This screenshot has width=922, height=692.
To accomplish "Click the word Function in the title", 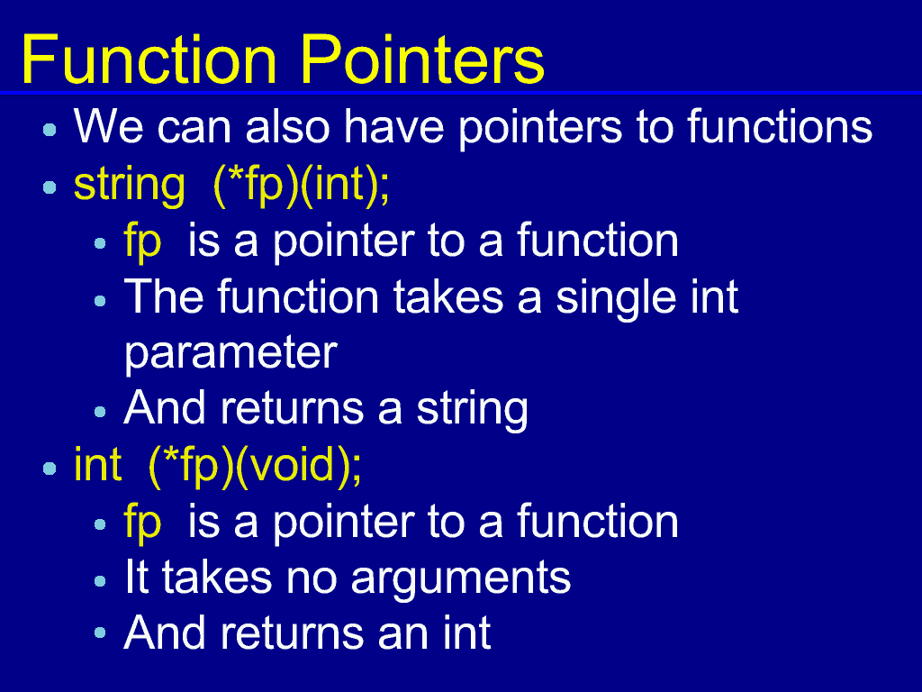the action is click(149, 59).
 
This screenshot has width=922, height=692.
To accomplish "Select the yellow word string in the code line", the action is click(130, 187).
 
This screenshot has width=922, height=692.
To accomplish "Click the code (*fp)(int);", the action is click(301, 187).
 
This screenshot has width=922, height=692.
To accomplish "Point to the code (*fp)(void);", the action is click(255, 467).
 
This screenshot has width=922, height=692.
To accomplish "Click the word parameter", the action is click(230, 352).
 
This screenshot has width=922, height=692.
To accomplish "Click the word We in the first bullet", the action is click(109, 126).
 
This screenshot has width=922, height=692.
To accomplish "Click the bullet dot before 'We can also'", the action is click(50, 130).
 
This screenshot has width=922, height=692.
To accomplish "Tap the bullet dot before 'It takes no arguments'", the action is click(100, 581).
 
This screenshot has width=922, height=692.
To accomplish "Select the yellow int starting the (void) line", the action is click(97, 465).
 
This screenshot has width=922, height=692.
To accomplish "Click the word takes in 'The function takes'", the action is click(448, 296).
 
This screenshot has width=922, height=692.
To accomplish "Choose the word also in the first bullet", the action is click(287, 126).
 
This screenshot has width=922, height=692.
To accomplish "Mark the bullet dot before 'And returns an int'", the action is click(100, 633).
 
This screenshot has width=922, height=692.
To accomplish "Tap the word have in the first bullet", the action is click(394, 126).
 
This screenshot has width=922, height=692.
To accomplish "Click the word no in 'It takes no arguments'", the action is click(311, 578).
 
